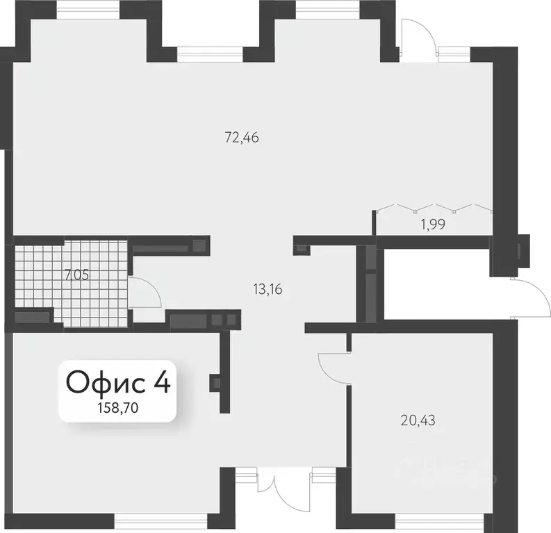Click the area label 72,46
click(x=242, y=138)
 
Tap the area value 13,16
click(x=268, y=290)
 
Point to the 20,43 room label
click(x=418, y=420)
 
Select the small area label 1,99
click(x=433, y=224)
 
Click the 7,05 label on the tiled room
click(x=76, y=275)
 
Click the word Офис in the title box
click(x=106, y=383)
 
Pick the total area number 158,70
click(x=117, y=408)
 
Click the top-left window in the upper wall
click(x=88, y=10)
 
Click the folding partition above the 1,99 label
click(x=434, y=208)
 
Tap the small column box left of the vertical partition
click(x=215, y=383)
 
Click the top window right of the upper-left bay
click(x=210, y=54)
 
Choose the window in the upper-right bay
click(x=328, y=10)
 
